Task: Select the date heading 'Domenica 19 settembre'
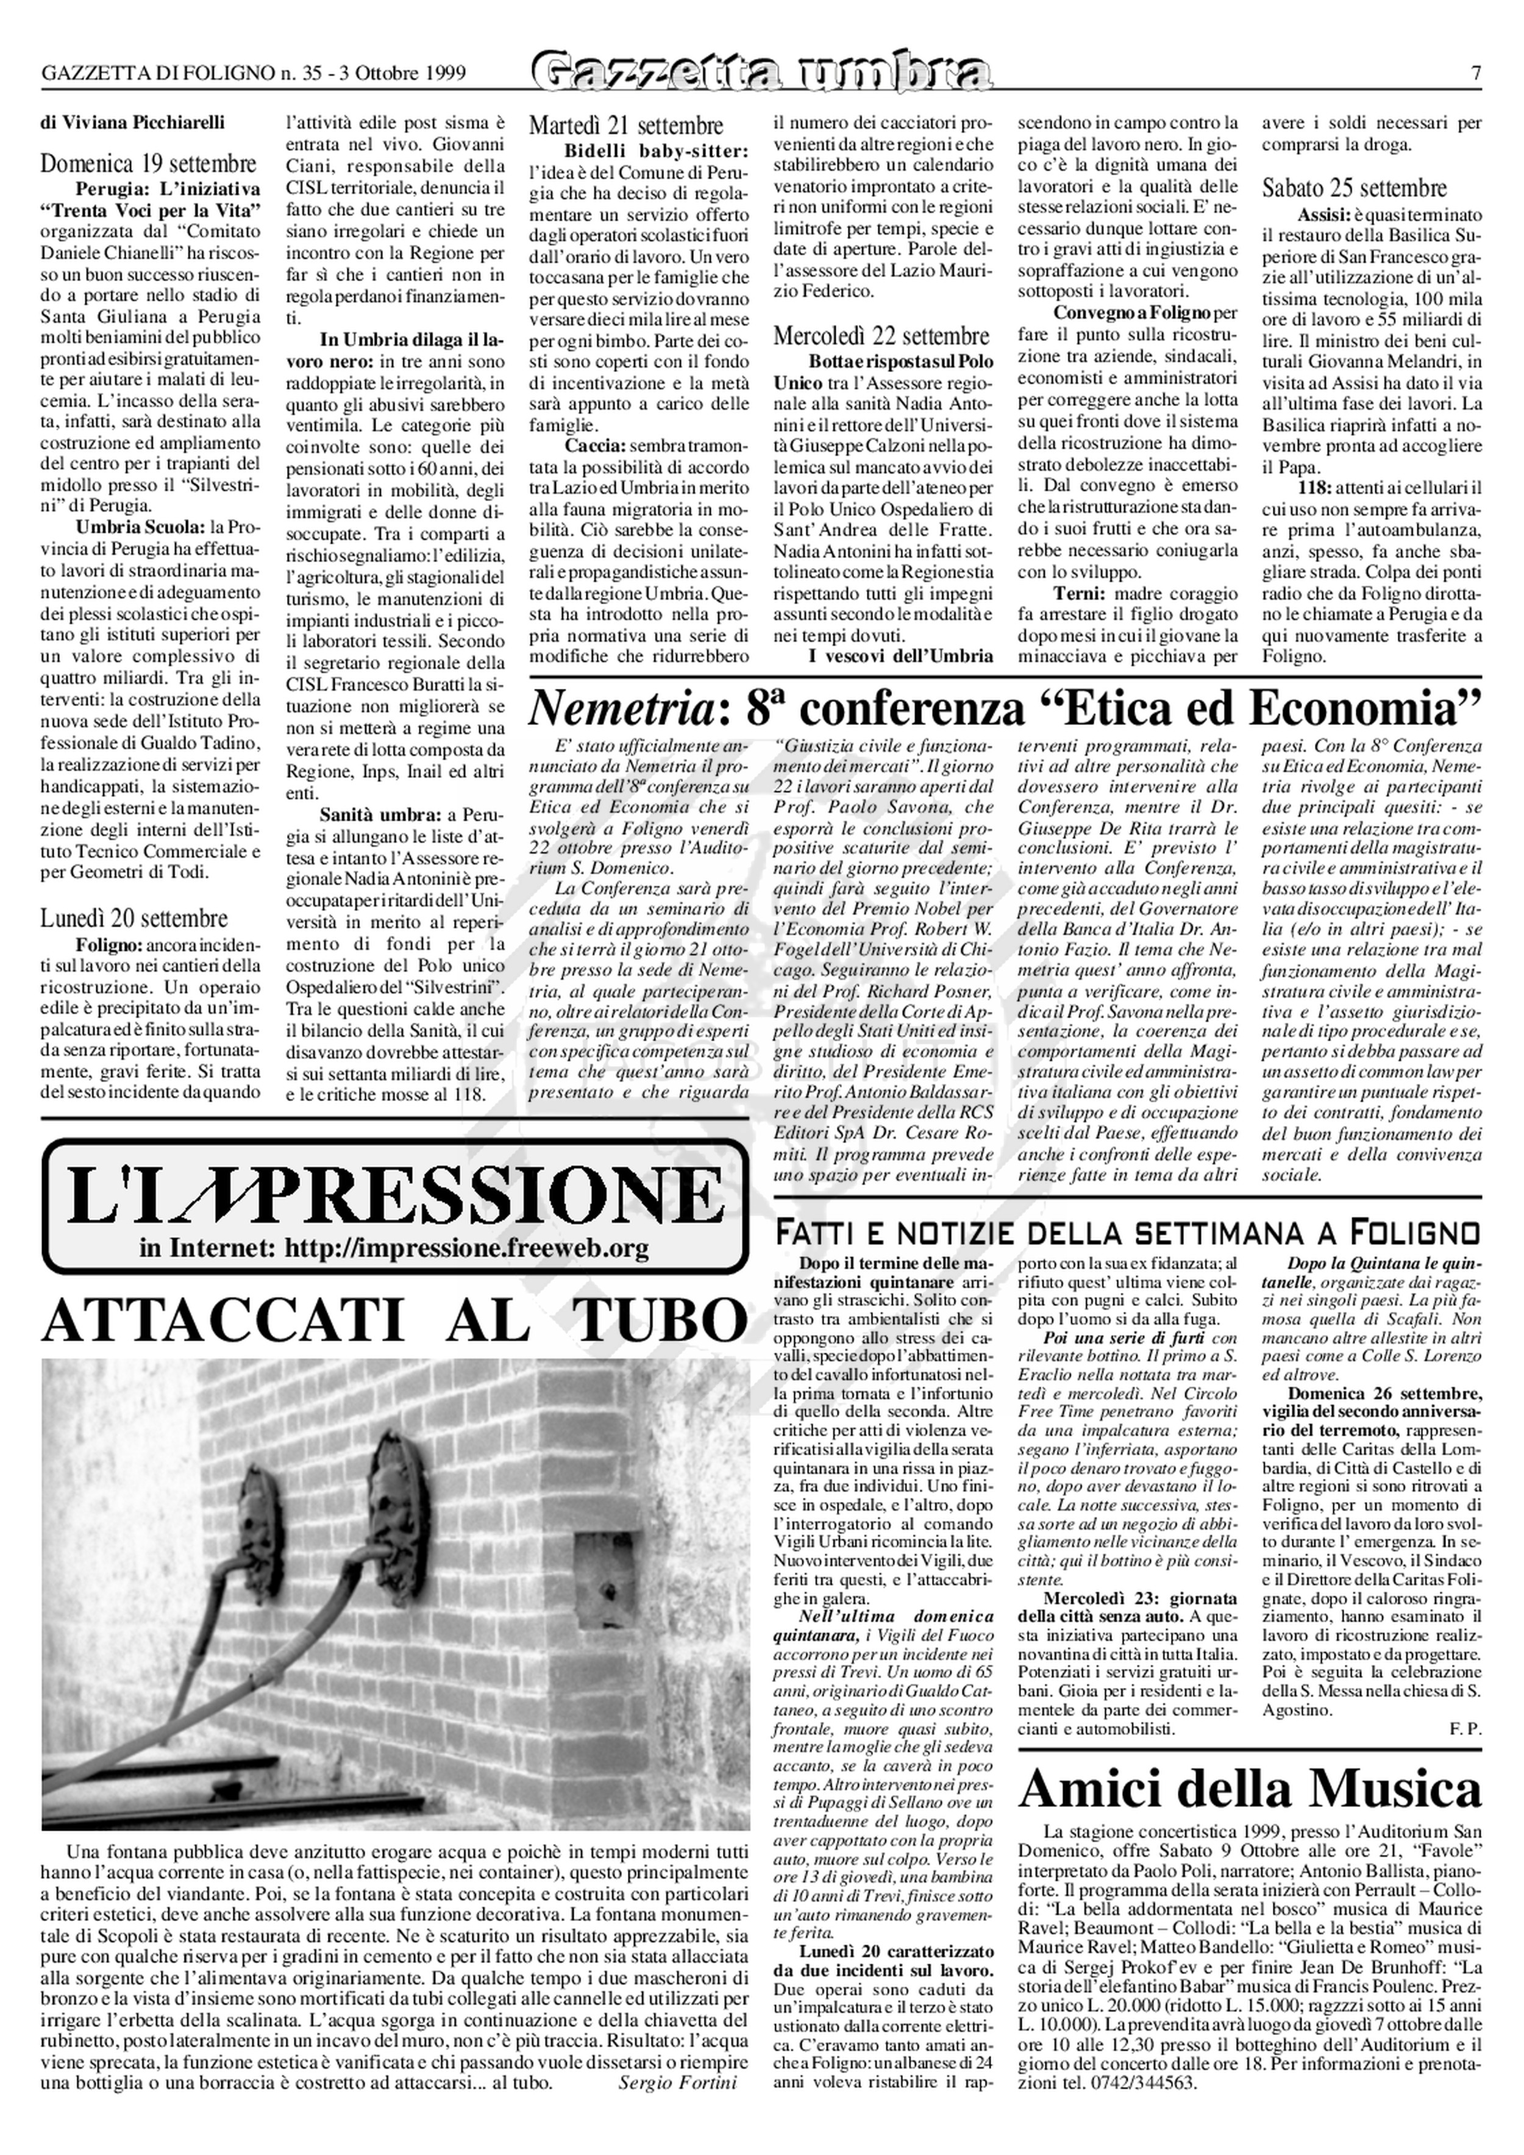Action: (148, 163)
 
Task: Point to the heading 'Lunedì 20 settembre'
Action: (134, 918)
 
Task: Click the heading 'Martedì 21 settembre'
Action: (626, 126)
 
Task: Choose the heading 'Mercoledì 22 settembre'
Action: (881, 335)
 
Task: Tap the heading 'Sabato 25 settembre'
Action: (1354, 188)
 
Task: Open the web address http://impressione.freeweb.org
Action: (466, 1248)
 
